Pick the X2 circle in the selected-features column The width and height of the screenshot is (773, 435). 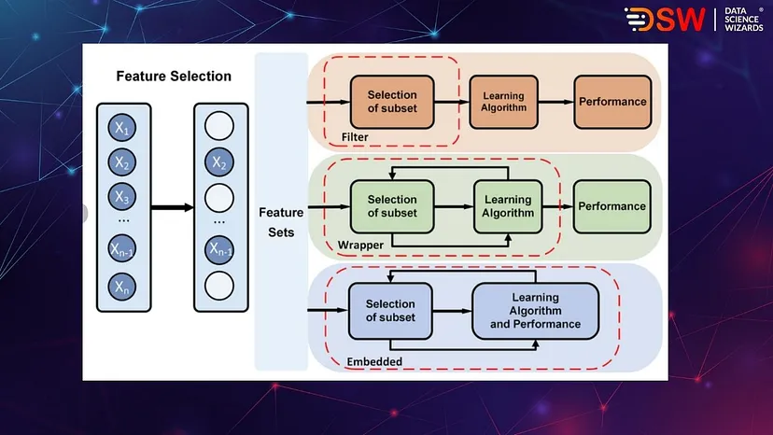218,162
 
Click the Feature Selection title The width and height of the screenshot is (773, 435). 174,77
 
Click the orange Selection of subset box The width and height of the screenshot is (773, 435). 392,102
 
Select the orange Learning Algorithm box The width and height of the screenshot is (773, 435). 504,102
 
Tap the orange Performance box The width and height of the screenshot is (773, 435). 612,102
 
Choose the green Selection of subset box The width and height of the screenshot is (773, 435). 392,206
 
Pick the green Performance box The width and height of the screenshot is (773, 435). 612,206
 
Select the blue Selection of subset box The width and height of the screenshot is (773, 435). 390,311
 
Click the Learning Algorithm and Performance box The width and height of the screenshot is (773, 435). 535,311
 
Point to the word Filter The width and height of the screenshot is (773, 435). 355,137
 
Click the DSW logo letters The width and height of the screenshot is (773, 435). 666,20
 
